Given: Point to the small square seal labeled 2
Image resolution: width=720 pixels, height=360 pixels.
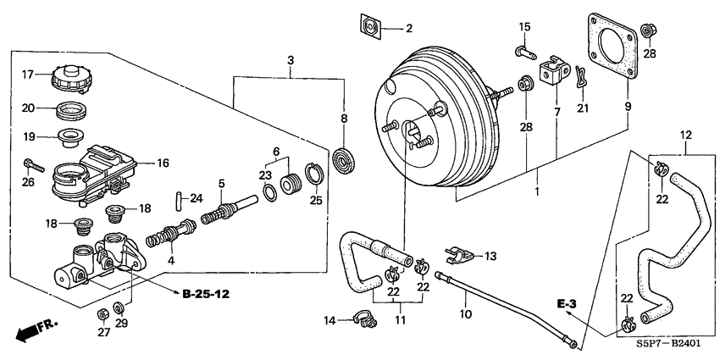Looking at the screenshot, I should click(368, 27).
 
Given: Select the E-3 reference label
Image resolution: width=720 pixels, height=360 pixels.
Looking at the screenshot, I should click(567, 302).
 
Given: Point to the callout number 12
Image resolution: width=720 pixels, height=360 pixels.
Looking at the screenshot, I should click(686, 134).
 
